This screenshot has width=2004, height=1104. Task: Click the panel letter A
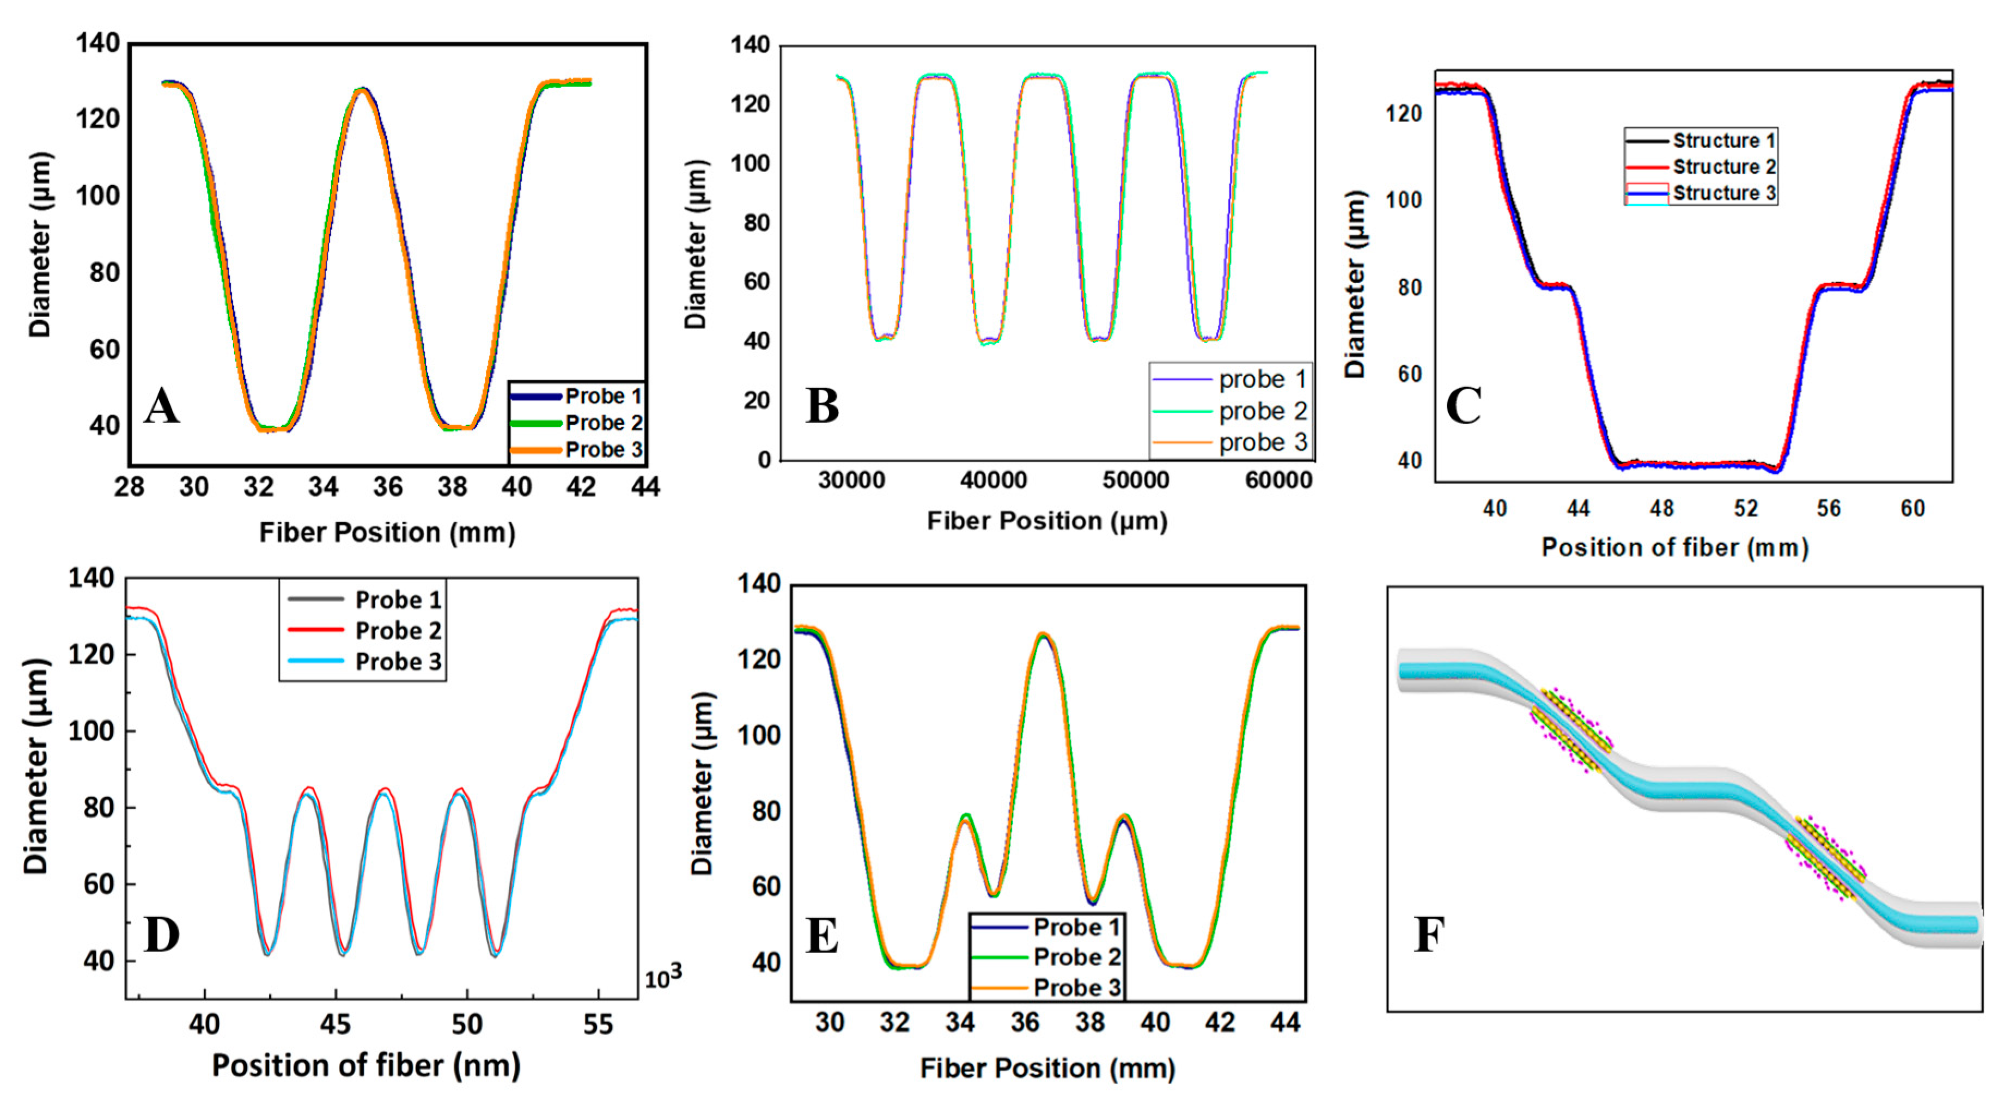(161, 406)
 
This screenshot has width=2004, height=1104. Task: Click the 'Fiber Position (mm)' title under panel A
(387, 533)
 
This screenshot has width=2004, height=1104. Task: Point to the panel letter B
(823, 406)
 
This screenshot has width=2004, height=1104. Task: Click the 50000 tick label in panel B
(1135, 480)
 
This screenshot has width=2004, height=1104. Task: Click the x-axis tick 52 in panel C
(1746, 509)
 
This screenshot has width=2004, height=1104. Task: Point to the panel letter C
(1463, 406)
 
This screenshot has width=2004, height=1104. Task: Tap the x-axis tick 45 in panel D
(336, 1024)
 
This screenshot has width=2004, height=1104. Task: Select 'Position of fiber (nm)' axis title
(366, 1066)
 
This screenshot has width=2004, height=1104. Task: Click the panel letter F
(1429, 935)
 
